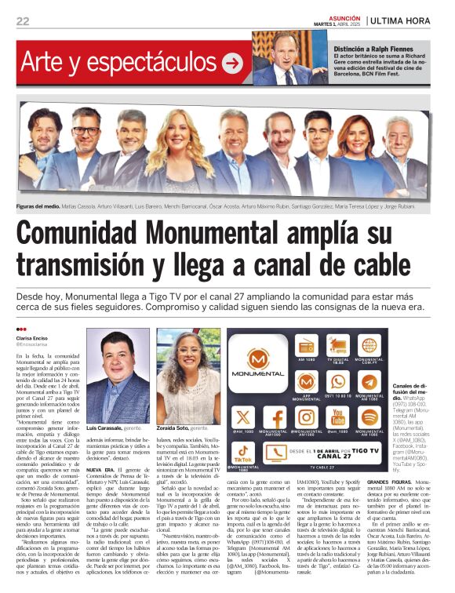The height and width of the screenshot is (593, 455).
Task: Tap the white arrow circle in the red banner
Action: [x=232, y=62]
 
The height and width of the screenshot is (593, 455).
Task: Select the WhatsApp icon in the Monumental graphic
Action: [x=338, y=381]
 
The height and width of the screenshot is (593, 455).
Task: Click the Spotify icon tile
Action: [x=369, y=417]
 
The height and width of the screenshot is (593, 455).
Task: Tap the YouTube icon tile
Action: [x=338, y=417]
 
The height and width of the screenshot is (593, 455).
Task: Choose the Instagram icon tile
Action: [x=307, y=417]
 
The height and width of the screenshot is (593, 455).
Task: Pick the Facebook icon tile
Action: [x=275, y=417]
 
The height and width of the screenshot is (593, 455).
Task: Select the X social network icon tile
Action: [x=244, y=417]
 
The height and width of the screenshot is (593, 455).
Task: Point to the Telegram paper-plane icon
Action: [x=369, y=381]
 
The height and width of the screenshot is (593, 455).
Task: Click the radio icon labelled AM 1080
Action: [x=307, y=346]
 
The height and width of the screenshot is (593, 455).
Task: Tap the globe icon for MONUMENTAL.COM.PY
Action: [x=369, y=346]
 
